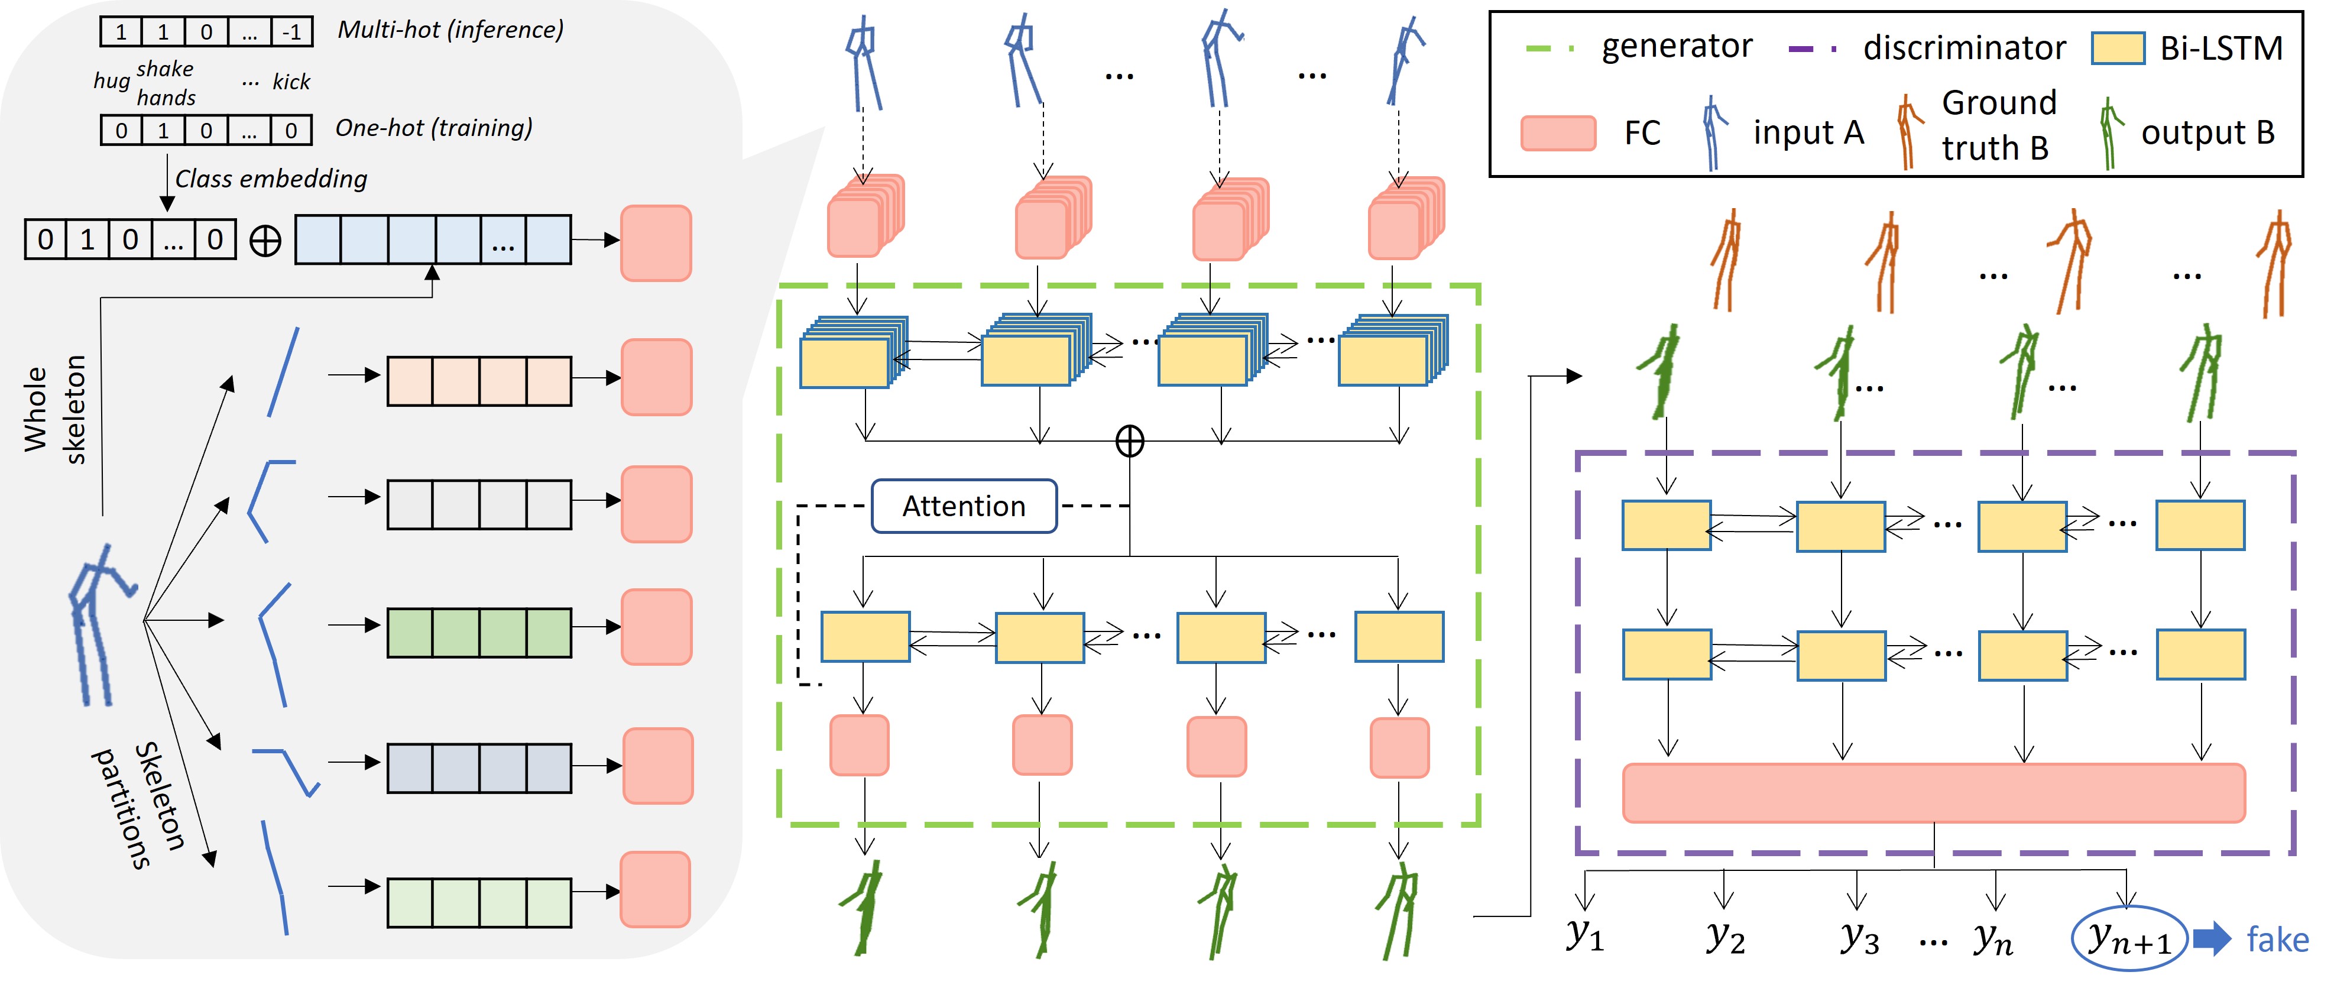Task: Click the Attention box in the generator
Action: pyautogui.click(x=964, y=506)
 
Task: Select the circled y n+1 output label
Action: pyautogui.click(x=2129, y=939)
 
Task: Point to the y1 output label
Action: pyautogui.click(x=1586, y=934)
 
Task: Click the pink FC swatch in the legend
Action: pyautogui.click(x=1558, y=132)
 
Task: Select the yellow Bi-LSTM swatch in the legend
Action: pyautogui.click(x=2118, y=48)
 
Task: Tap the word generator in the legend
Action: pyautogui.click(x=1676, y=46)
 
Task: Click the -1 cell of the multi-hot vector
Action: pyautogui.click(x=291, y=33)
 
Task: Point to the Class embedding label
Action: pyautogui.click(x=271, y=179)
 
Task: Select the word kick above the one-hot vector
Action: pyautogui.click(x=291, y=82)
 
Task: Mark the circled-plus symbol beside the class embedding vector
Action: pyautogui.click(x=265, y=241)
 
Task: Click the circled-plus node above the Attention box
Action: pyautogui.click(x=1129, y=442)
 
